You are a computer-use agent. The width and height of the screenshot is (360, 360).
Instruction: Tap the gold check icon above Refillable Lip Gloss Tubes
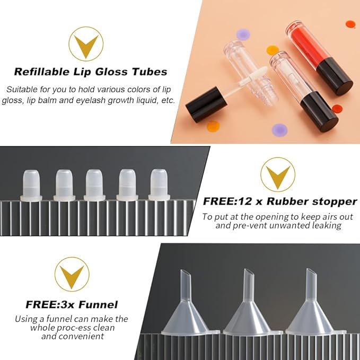[x=86, y=44]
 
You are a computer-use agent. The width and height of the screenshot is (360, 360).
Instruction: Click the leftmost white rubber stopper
[x=31, y=185]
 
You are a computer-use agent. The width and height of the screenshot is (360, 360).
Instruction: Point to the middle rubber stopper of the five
[x=95, y=185]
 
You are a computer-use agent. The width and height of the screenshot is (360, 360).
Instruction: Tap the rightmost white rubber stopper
[x=159, y=185]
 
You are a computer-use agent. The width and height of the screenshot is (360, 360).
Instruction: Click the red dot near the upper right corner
[x=350, y=24]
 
